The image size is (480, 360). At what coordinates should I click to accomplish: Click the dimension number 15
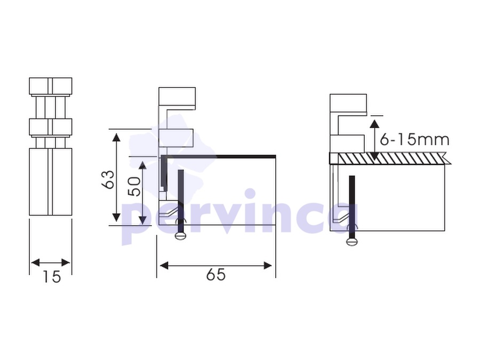tap(51, 276)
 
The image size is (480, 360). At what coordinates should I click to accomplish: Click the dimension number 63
tap(108, 179)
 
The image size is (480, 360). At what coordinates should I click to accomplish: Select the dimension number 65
tap(216, 274)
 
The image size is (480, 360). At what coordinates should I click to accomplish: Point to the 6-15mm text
tap(414, 140)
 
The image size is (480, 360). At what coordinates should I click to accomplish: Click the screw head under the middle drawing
tap(180, 235)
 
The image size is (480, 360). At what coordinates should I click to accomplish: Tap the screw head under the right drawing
tap(352, 242)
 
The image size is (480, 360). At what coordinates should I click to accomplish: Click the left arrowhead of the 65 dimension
tap(164, 266)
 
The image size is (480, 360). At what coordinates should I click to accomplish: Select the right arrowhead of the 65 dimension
tap(268, 266)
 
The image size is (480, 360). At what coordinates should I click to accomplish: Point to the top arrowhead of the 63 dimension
tap(116, 138)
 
